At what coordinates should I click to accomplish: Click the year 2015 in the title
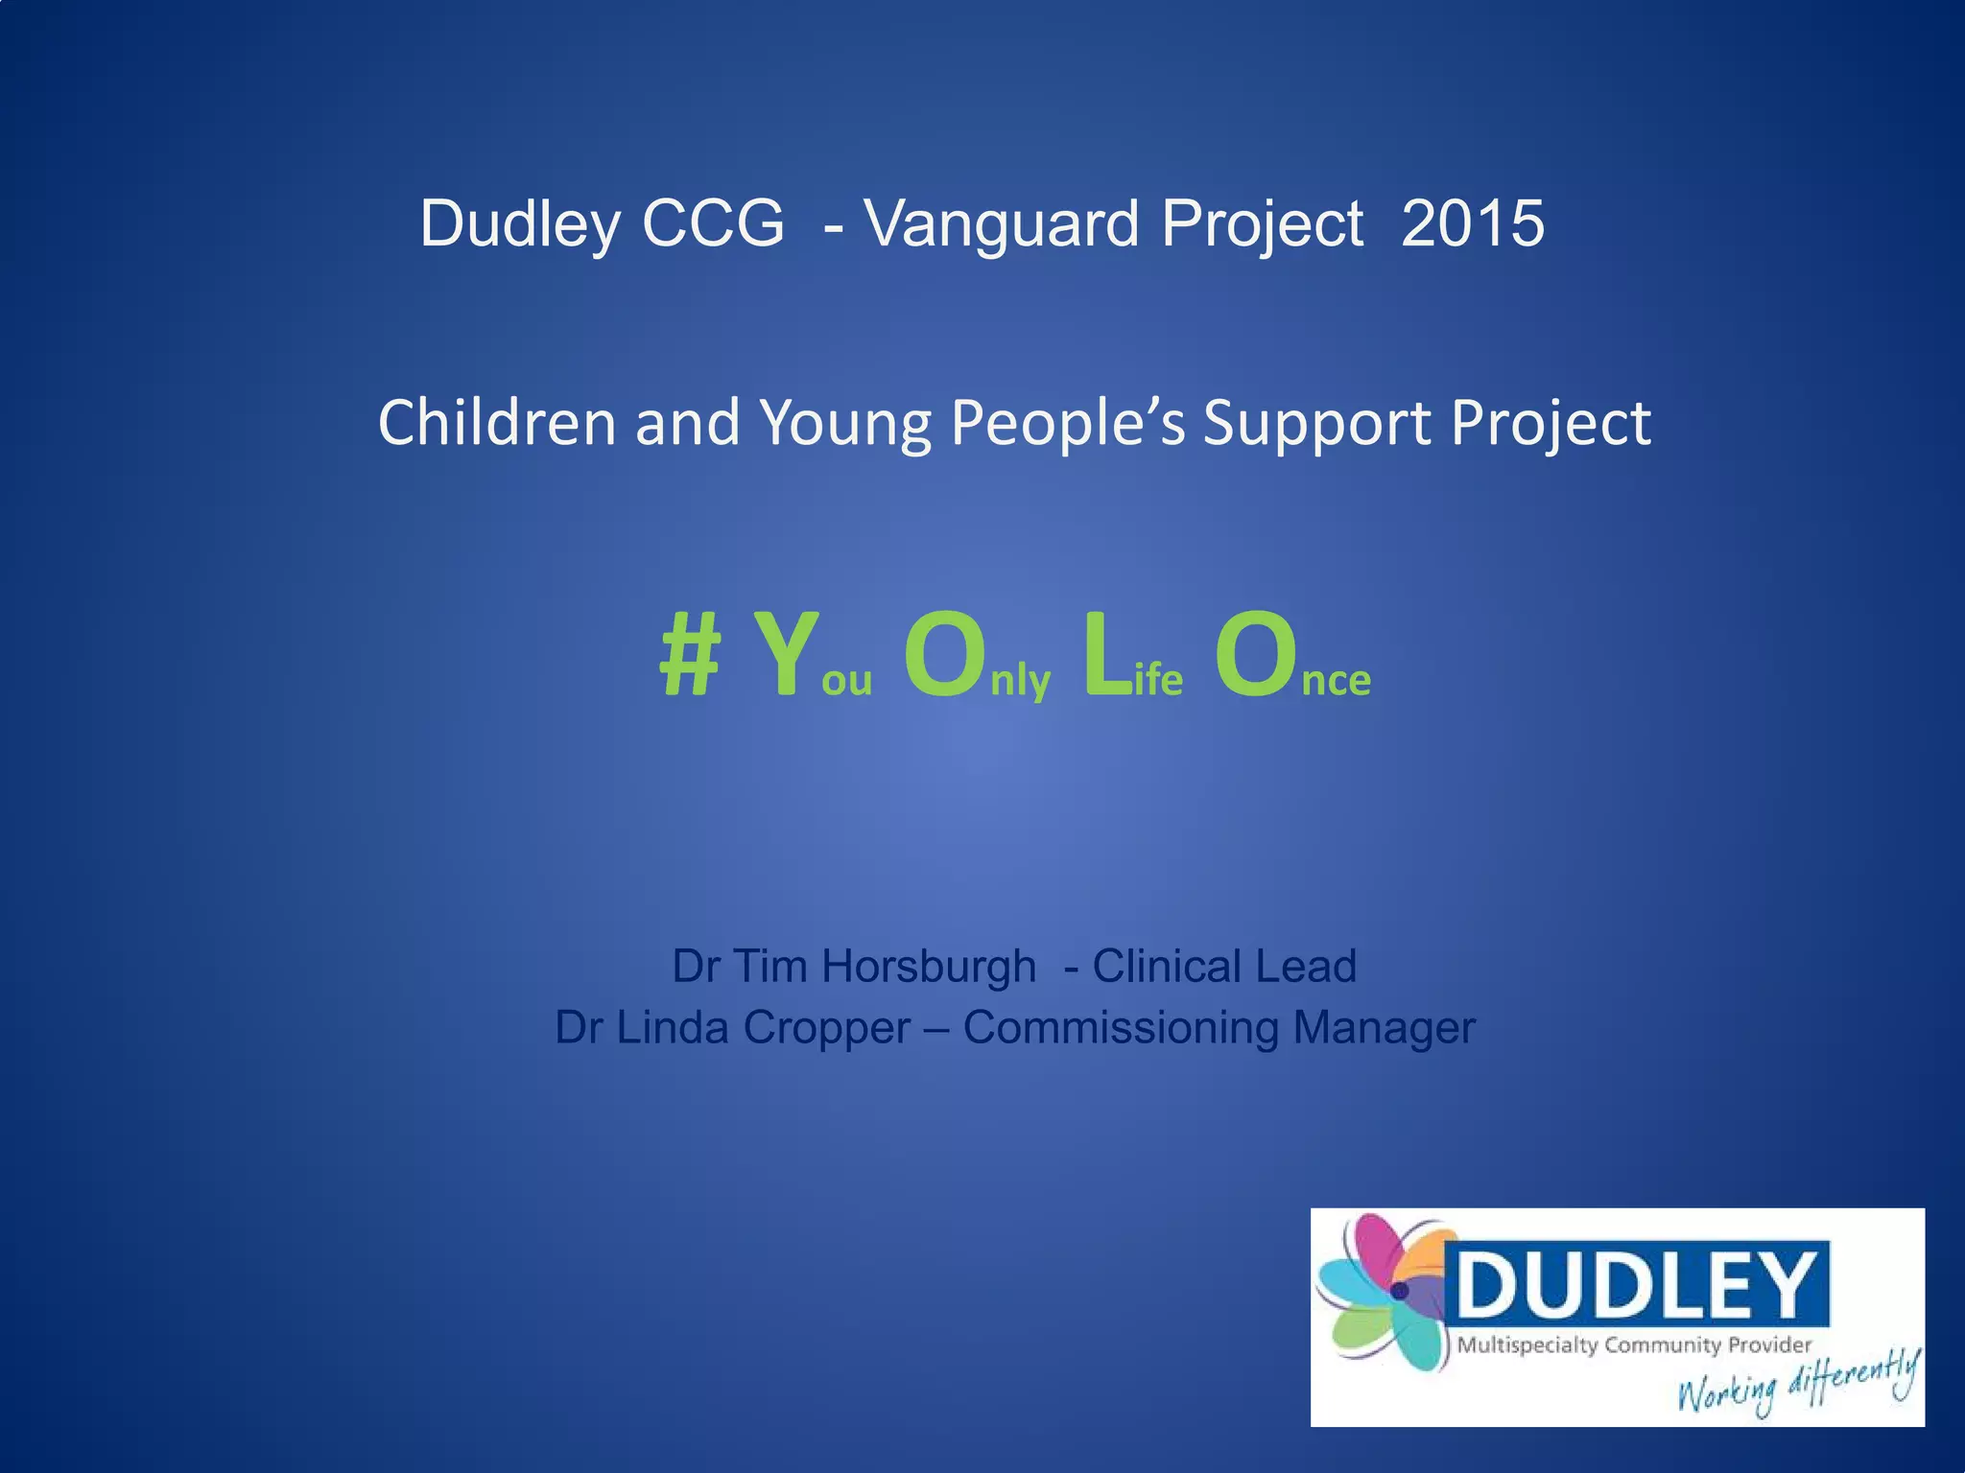pos(1472,223)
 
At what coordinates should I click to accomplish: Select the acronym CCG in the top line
pos(712,223)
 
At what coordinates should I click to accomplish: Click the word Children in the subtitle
pos(496,423)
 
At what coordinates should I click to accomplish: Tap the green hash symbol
pos(689,655)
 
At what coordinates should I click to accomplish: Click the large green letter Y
pos(785,655)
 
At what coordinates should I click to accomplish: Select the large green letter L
pos(1106,655)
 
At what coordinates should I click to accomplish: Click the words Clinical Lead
pos(1224,966)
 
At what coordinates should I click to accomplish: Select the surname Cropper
pos(826,1028)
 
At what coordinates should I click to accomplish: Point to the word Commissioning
pos(1120,1028)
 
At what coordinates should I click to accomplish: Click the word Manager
pos(1384,1028)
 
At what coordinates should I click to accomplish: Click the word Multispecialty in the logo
pos(1527,1345)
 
